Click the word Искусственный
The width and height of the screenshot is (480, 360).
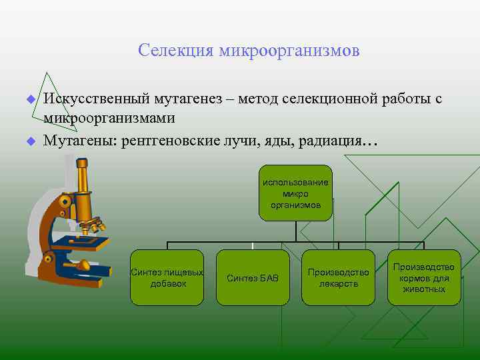97,99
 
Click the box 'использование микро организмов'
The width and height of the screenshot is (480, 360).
295,193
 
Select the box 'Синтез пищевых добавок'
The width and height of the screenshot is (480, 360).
167,277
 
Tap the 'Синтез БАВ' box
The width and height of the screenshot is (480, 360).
253,277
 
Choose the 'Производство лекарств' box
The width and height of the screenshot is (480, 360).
338,277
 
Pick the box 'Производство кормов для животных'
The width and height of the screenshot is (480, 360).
424,277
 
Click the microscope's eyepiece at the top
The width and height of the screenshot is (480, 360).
82,164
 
